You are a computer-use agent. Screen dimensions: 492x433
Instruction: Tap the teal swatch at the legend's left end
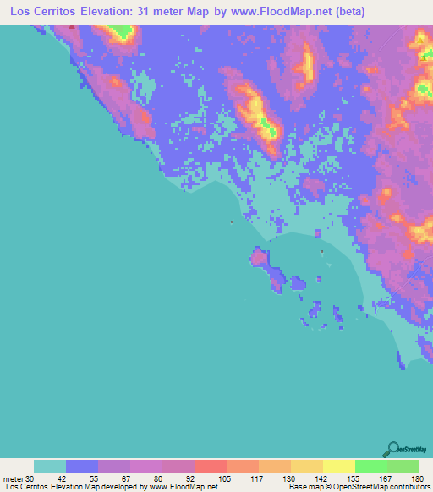[x=50, y=466]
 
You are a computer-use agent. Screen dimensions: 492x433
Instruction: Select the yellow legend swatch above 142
[x=306, y=466]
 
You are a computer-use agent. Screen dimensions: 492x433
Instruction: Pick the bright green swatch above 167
[x=370, y=466]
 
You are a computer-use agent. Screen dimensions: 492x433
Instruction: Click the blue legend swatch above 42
[x=82, y=466]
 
